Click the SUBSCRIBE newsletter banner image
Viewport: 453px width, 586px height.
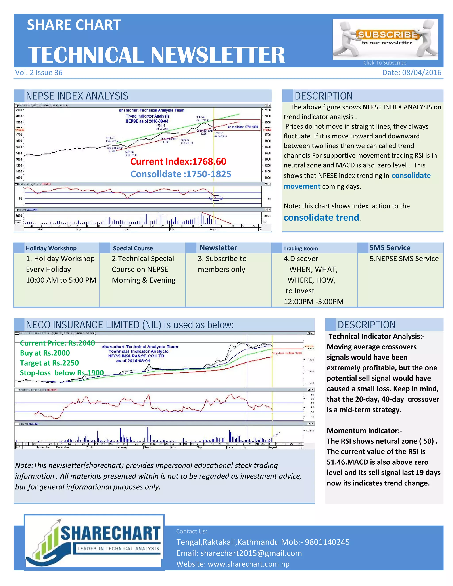[385, 39]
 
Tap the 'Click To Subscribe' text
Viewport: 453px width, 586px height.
[385, 63]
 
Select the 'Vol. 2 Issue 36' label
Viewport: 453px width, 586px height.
[39, 73]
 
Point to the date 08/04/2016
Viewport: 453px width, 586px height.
[421, 73]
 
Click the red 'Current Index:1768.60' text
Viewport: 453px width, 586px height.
[178, 161]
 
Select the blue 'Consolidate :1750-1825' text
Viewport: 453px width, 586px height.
[181, 174]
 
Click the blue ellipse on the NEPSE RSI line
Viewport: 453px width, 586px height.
[216, 198]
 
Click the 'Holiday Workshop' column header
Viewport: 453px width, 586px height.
[51, 248]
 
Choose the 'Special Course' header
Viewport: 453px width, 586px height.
[133, 248]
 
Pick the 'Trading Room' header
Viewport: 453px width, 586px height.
[301, 249]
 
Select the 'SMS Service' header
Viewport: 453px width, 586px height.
[390, 248]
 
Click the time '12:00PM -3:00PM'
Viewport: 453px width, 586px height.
[313, 302]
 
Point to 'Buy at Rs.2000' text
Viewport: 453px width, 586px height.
[45, 353]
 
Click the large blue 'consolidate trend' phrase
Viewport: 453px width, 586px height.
[321, 217]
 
